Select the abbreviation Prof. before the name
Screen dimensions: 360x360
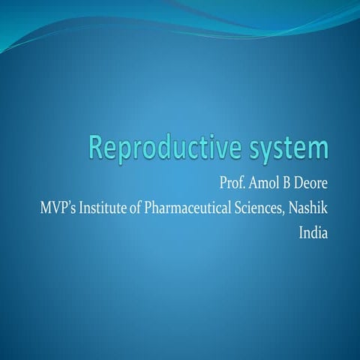click(234, 184)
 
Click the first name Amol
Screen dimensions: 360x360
click(265, 184)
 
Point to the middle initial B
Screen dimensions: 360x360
click(289, 184)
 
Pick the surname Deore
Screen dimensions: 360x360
click(312, 184)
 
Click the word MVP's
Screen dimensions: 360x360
click(55, 207)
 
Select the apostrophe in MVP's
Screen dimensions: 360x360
click(66, 203)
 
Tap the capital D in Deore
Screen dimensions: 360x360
click(301, 184)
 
